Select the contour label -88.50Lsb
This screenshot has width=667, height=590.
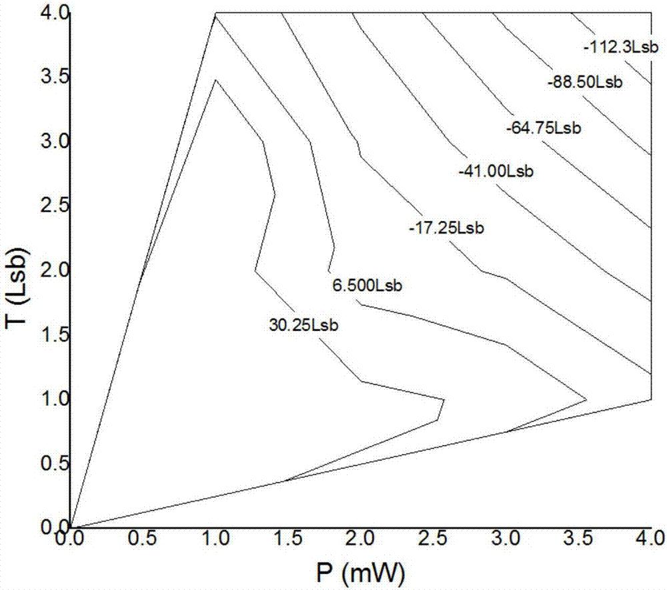[584, 83]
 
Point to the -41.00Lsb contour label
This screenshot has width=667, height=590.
[497, 172]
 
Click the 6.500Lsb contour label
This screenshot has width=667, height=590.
[367, 286]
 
